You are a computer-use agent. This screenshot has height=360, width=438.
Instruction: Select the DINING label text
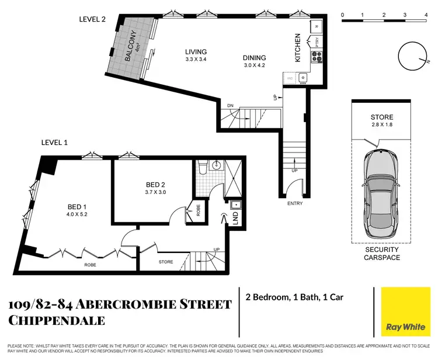pos(255,57)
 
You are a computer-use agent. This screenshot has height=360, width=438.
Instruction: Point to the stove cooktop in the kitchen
pos(316,57)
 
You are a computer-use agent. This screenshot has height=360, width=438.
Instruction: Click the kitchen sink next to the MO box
pos(303,77)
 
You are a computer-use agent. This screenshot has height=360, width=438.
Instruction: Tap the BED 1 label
pos(77,206)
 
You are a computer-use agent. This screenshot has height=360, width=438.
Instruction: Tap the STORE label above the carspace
pos(381,117)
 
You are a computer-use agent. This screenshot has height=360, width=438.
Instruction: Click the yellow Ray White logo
pos(405,313)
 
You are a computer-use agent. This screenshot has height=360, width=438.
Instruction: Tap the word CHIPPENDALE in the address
pos(57,320)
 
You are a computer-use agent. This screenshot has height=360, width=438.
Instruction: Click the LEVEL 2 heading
pos(92,19)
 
